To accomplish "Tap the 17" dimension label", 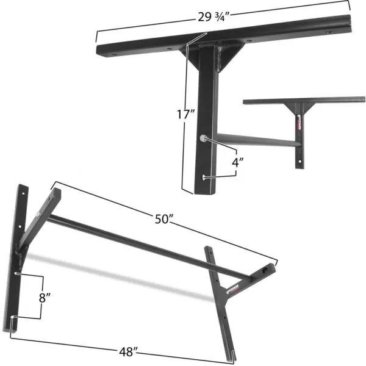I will click(x=183, y=114).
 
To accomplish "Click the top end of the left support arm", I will click(x=56, y=193).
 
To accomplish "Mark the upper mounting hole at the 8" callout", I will click(x=16, y=274).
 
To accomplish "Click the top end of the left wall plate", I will click(x=23, y=187).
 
